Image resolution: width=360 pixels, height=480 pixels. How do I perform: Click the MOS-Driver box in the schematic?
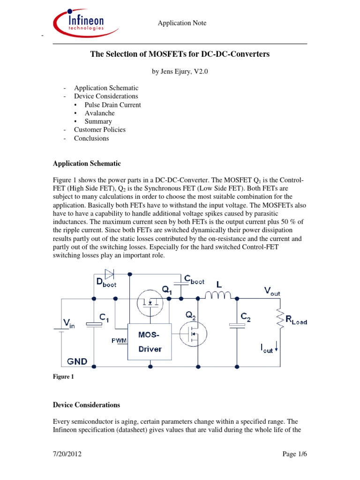click(150, 341)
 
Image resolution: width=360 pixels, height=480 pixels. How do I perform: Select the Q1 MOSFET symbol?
click(150, 303)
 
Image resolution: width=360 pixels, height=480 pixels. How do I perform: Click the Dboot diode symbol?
click(109, 273)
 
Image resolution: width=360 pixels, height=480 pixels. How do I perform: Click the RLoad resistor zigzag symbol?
click(280, 319)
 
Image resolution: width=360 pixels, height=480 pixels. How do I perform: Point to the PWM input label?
click(119, 340)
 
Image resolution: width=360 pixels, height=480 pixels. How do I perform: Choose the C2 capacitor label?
click(246, 317)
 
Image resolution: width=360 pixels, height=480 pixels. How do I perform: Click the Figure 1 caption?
click(63, 376)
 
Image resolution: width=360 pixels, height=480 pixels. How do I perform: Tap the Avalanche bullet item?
click(100, 113)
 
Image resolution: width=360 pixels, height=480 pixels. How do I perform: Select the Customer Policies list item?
click(100, 130)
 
